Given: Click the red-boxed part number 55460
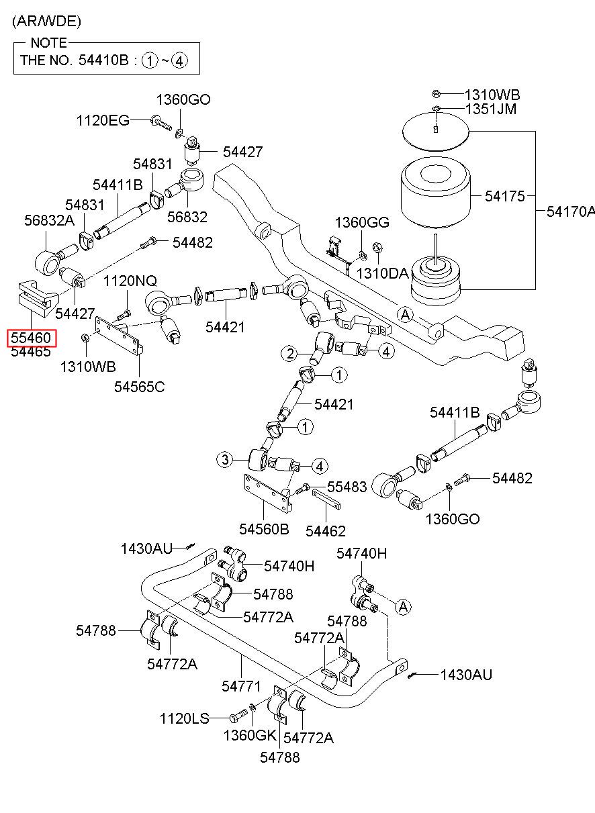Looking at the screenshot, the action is (x=31, y=338).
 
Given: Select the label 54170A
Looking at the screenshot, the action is (x=571, y=211).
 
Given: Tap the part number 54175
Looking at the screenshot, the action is (x=505, y=196).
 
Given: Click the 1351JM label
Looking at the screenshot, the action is (x=491, y=109).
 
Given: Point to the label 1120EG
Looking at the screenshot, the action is (x=103, y=120).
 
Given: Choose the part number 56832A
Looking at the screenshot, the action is (x=49, y=220).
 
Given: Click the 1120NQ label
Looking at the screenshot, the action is (x=130, y=281).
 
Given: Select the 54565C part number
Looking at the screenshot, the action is (x=140, y=387).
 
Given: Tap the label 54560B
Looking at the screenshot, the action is (x=264, y=529).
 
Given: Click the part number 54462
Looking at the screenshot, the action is (x=325, y=531).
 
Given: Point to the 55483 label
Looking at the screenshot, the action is (x=347, y=487).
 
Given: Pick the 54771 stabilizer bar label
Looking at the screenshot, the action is (x=241, y=686).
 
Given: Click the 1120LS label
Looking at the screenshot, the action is (x=185, y=718).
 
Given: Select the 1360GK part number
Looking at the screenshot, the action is (x=250, y=736).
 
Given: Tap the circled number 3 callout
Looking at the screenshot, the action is (x=225, y=460).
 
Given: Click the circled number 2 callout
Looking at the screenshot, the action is (x=289, y=354).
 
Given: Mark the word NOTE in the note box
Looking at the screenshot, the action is (x=48, y=43).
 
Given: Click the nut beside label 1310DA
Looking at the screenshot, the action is (x=377, y=248).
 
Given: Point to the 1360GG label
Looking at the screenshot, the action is (x=362, y=222).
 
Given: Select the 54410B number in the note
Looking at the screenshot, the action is (x=103, y=60).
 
